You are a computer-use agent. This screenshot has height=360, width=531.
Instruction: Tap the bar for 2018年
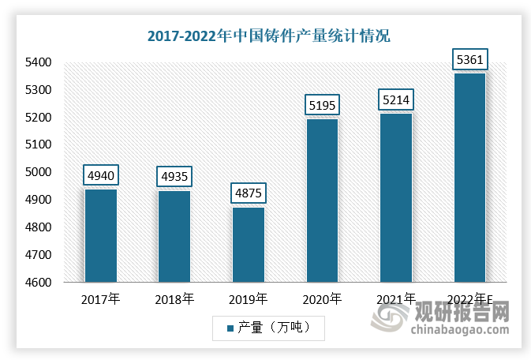click(174, 236)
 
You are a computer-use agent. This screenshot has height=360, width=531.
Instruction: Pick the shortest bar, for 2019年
click(248, 244)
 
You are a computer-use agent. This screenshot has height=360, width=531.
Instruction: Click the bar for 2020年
click(322, 201)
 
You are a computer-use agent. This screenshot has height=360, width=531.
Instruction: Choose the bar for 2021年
click(395, 197)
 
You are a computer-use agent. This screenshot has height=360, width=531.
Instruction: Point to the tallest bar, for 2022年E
click(469, 178)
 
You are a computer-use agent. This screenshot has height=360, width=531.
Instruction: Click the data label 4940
click(101, 175)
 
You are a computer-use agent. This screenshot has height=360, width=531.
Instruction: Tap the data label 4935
click(174, 176)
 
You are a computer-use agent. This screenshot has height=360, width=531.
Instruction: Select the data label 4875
click(248, 193)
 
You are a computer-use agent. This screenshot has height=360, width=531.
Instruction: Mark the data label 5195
click(322, 105)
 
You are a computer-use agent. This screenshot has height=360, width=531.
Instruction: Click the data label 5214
click(395, 99)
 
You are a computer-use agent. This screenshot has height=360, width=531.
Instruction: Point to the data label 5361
click(469, 59)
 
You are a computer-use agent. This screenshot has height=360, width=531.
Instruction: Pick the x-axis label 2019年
click(248, 299)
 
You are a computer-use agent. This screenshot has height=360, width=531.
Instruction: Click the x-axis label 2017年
click(101, 299)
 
